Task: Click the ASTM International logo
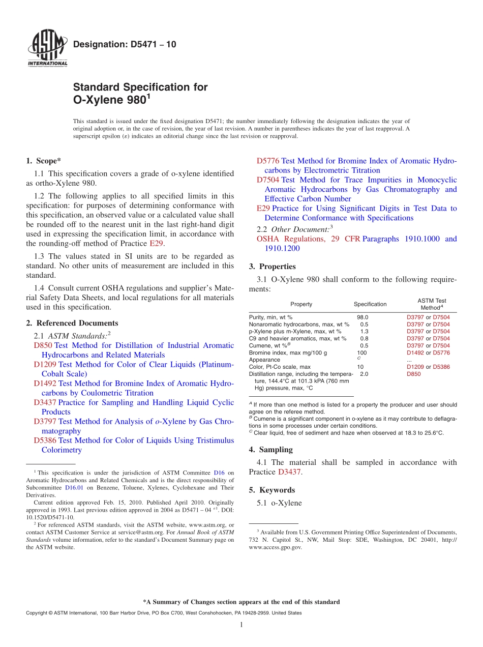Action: [x=47, y=49]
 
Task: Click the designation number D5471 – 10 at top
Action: [x=125, y=44]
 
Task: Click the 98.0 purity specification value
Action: [x=363, y=317]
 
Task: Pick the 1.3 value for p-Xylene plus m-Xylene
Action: [x=364, y=332]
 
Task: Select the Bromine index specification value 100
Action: [x=362, y=352]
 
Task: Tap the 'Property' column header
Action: [x=301, y=304]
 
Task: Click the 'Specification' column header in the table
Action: [x=370, y=304]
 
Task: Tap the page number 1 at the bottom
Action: [x=242, y=625]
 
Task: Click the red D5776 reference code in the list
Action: [x=267, y=161]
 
